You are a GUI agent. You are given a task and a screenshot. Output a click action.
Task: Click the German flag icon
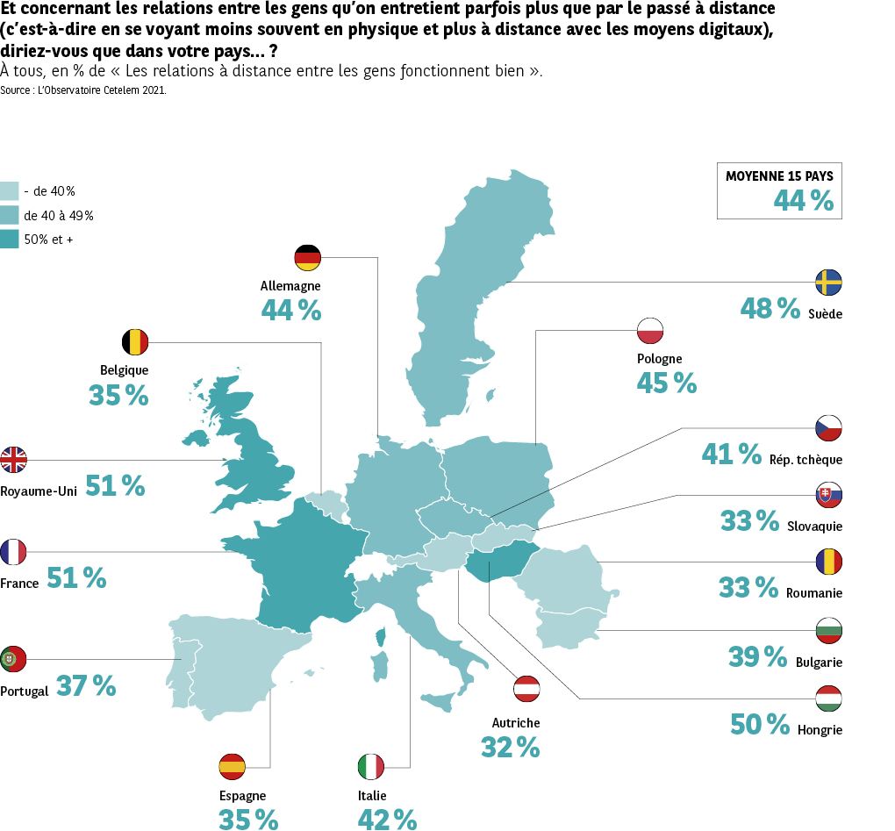point(307,258)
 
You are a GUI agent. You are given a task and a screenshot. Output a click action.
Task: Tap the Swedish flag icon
point(828,283)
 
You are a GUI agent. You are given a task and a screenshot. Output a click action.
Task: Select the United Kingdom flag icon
point(14,459)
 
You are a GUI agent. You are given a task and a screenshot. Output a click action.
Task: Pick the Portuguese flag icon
point(14,659)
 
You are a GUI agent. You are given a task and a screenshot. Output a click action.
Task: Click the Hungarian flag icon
point(828,698)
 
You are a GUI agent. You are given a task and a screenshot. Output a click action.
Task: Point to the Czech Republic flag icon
point(828,428)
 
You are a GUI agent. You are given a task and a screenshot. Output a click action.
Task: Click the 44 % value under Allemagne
point(290,310)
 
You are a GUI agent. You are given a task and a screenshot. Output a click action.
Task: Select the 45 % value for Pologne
point(666,383)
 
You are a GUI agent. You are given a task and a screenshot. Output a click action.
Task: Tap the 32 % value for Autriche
point(510,747)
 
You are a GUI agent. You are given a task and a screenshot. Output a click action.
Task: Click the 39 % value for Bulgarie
point(757,656)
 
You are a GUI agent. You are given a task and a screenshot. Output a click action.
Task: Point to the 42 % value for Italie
point(387,820)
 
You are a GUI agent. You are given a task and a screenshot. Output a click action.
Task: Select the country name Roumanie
point(814,593)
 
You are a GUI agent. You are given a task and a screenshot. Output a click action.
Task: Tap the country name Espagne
point(242,796)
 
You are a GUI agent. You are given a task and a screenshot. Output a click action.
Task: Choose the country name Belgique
point(124,370)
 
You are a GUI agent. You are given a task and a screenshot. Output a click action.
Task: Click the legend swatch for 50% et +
point(10,238)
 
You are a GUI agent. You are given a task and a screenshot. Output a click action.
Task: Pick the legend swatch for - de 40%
point(10,190)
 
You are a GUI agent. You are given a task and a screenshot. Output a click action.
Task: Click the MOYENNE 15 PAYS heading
point(779,176)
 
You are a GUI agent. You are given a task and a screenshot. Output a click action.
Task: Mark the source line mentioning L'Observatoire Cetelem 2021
point(83,90)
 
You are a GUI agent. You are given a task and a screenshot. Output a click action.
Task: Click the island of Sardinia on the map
point(381,664)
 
